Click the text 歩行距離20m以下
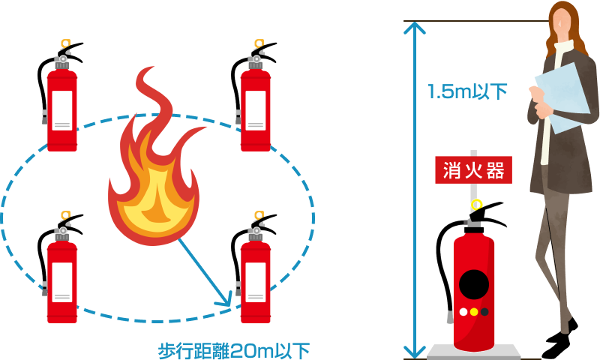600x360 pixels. [x=233, y=350]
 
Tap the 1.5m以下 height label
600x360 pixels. [x=467, y=92]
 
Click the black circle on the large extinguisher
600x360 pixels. [x=474, y=283]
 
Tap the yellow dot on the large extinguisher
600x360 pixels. [x=474, y=311]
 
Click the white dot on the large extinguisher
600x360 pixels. [x=463, y=311]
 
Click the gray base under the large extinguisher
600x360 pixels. [x=474, y=351]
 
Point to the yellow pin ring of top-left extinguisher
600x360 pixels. [x=64, y=44]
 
